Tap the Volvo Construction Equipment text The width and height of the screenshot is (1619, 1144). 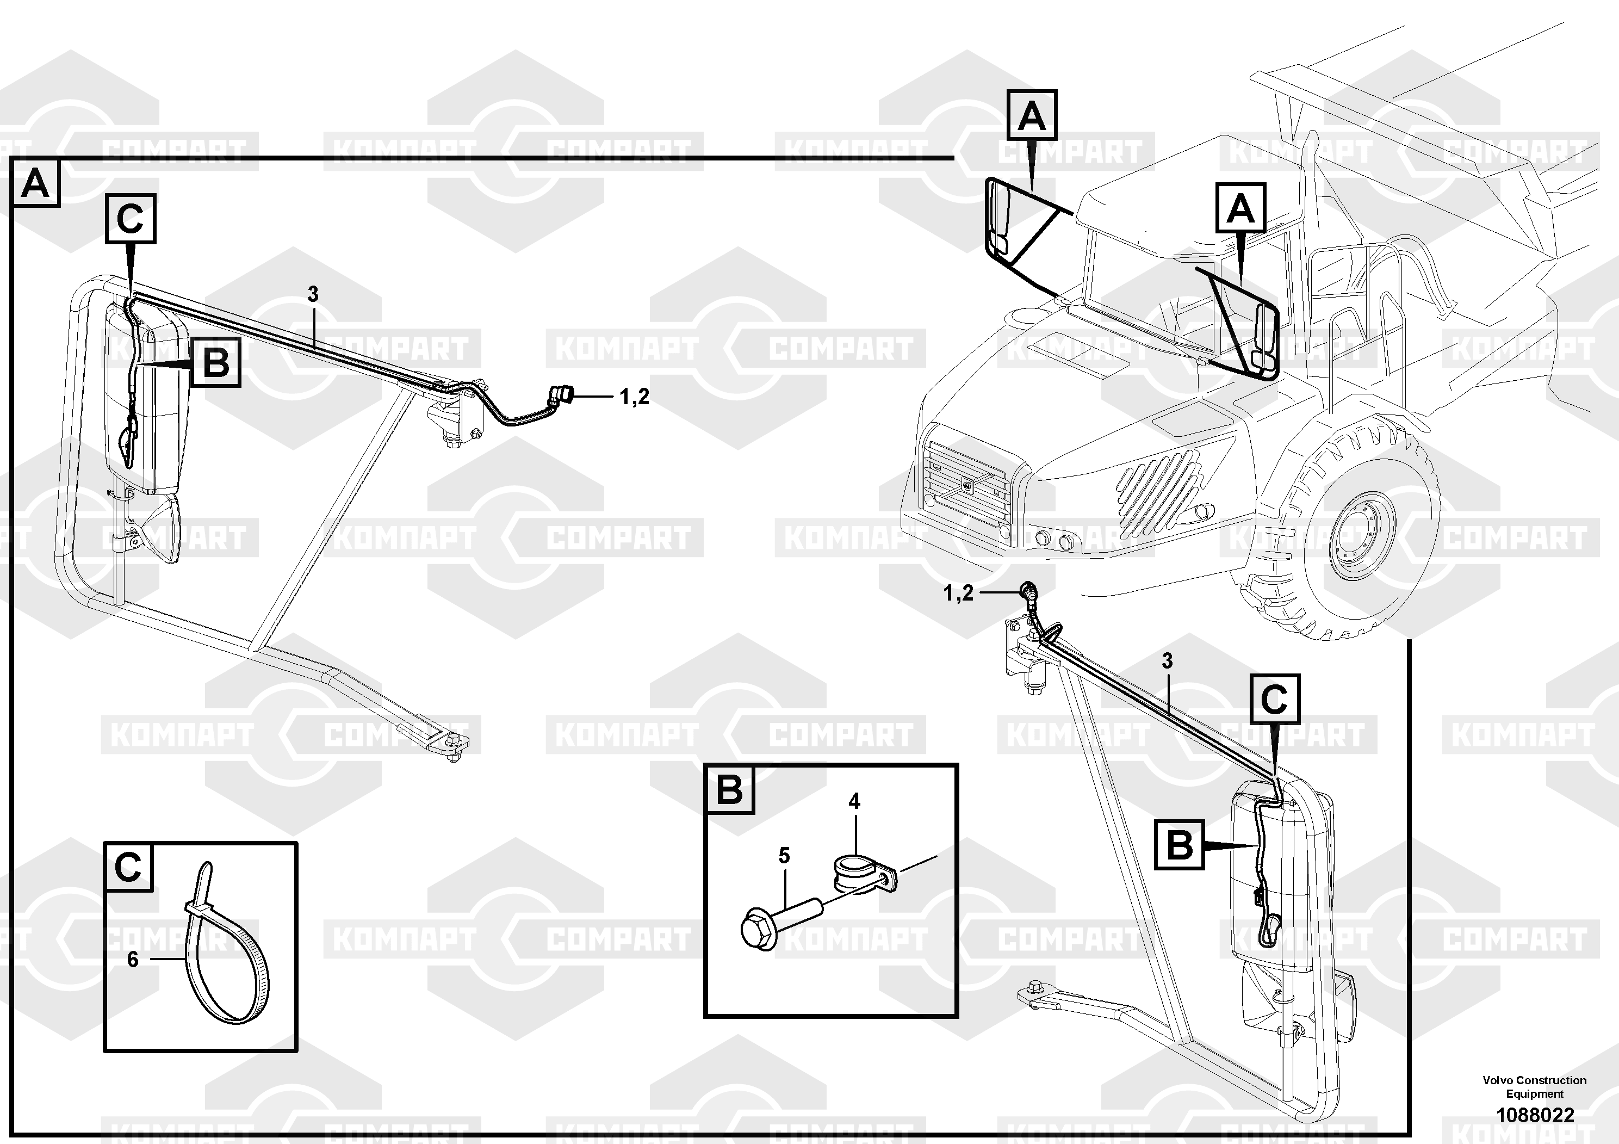click(x=1534, y=1087)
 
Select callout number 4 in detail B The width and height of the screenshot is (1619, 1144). click(x=854, y=801)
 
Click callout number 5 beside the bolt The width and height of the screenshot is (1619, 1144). click(x=784, y=856)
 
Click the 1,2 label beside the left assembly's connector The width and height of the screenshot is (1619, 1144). click(x=634, y=397)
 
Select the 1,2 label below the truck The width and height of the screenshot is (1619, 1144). click(x=958, y=593)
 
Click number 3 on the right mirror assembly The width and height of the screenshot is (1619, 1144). click(x=1167, y=661)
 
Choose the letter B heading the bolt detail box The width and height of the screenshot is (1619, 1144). click(x=729, y=789)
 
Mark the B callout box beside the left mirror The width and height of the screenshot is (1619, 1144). click(x=216, y=362)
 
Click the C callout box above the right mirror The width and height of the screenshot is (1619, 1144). click(x=1274, y=699)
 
